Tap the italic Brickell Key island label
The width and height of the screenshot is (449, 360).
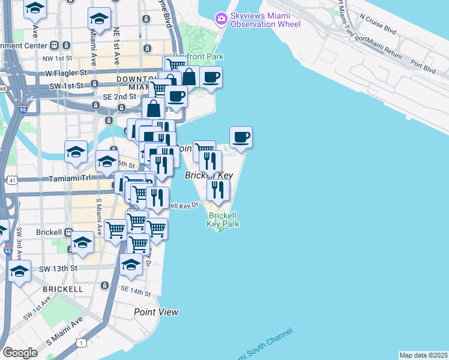[208, 175]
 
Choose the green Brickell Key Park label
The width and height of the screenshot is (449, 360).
[223, 220]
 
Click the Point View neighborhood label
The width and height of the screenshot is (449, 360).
[156, 312]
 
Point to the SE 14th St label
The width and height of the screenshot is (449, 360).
[136, 291]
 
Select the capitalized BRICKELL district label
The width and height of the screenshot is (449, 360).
[63, 289]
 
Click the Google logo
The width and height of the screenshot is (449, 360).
[20, 353]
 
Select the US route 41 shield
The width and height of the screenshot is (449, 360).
[12, 179]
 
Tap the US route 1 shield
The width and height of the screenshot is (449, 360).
[80, 342]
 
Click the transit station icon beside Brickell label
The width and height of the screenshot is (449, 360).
[69, 232]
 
